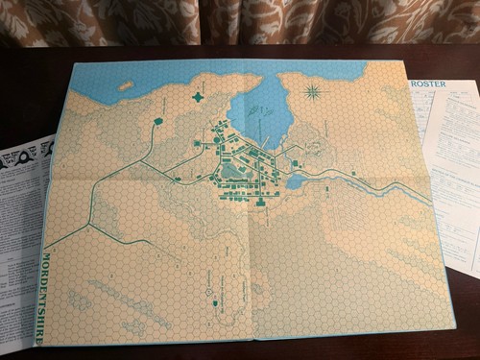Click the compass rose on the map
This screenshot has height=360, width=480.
coord(314,93)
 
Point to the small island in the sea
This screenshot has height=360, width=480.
coord(126,85)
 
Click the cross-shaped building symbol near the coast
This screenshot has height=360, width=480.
coord(199,97)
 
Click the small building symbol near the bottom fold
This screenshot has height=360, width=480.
coord(208,287)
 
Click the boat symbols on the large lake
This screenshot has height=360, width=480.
coord(252,110)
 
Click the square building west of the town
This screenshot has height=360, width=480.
coord(197,143)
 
